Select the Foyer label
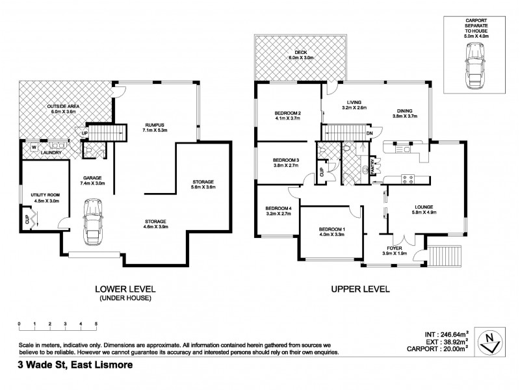pos(394,248)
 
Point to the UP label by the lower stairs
pos(84,134)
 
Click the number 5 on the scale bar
pos(96,323)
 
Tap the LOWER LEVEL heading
pos(125,289)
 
